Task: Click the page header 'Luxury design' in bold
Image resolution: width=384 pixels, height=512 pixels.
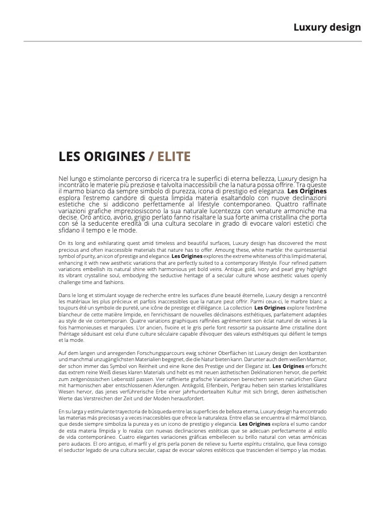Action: [327, 27]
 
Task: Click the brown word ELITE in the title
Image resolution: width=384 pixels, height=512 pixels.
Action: [174, 156]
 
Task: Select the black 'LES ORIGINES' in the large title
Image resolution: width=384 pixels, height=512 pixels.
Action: [102, 156]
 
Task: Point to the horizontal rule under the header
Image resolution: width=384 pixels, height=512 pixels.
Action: [192, 41]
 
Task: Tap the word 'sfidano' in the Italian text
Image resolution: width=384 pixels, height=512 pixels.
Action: [70, 230]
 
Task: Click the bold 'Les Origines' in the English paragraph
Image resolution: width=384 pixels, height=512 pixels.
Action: [187, 256]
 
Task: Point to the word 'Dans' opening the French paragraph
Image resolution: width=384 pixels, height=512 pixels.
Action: [65, 295]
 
